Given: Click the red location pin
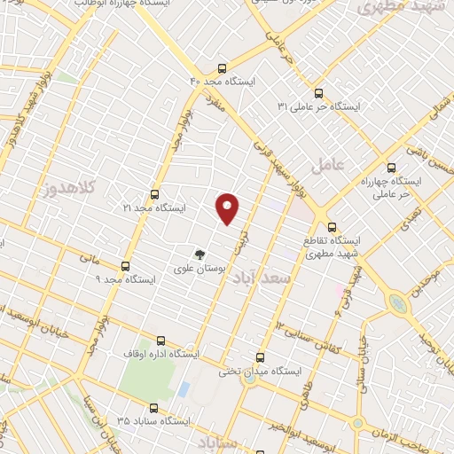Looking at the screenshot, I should pos(229,207).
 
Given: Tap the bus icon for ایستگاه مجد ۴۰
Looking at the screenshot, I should pos(222,67).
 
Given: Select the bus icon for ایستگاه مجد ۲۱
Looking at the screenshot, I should pos(154,194).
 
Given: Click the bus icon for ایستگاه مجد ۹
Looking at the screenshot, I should pos(124,265).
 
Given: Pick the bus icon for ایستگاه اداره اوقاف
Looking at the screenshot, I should pos(160,340).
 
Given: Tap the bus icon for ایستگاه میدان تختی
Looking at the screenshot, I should pos(260,357).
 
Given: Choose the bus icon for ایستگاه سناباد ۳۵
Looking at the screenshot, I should pos(153,409).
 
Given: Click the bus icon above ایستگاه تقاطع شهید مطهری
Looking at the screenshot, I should pos(332,226).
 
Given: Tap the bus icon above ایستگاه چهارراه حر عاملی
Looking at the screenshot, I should pos(391,167).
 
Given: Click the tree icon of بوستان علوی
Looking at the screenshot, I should pos(200,254).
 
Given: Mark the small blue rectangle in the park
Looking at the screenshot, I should pos(184,388).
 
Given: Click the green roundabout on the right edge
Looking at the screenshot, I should pos(398,304).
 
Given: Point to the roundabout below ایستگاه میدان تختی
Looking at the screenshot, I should pos(252,380).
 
